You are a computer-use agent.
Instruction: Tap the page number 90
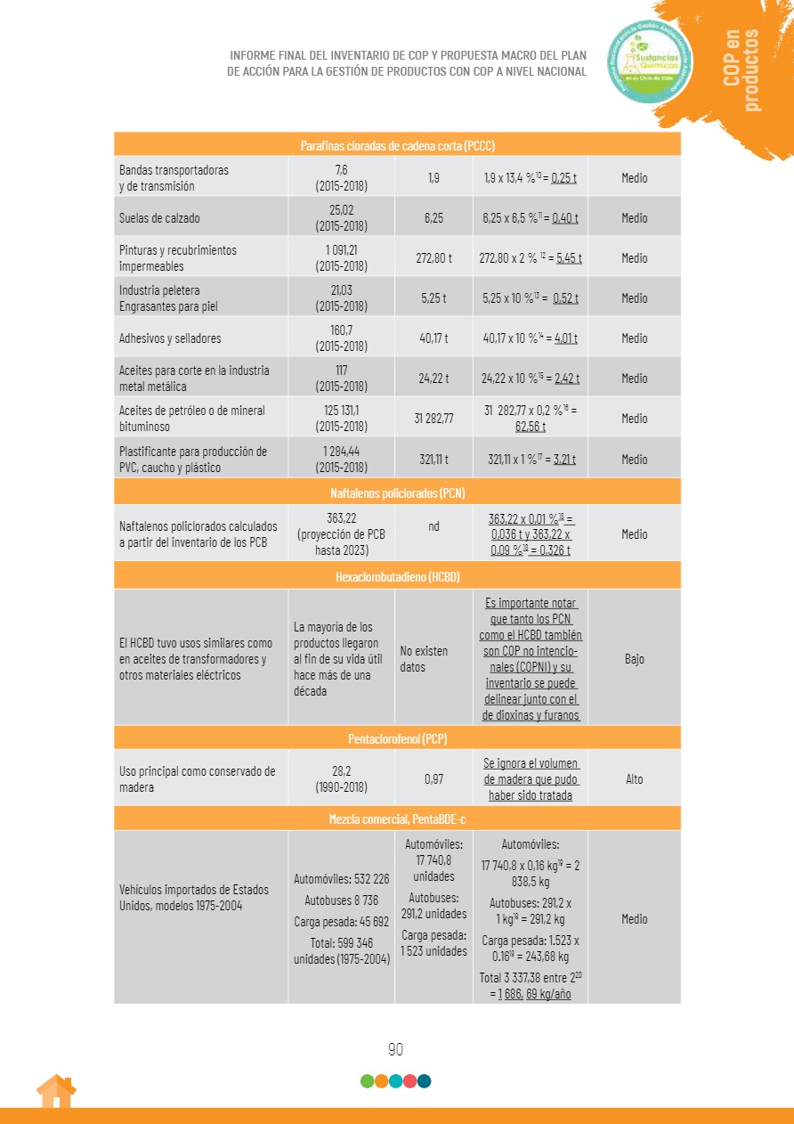click(x=396, y=1049)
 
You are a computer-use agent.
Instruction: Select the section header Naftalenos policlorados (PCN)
click(x=397, y=493)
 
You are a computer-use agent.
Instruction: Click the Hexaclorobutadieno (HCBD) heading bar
click(x=397, y=576)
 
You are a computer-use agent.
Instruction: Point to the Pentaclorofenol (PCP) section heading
click(x=397, y=738)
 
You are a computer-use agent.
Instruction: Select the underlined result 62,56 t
click(x=531, y=427)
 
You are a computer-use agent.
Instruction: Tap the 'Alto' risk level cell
click(x=634, y=779)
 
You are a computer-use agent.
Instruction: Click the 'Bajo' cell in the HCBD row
click(x=634, y=659)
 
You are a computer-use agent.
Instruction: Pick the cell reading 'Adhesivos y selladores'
click(x=170, y=338)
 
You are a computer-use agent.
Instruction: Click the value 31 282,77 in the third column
click(x=433, y=419)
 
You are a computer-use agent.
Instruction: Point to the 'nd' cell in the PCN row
click(x=433, y=526)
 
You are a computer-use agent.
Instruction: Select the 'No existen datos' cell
click(x=425, y=659)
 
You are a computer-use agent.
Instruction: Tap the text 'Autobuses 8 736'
click(x=341, y=900)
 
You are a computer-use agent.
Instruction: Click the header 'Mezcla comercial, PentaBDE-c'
click(x=397, y=819)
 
